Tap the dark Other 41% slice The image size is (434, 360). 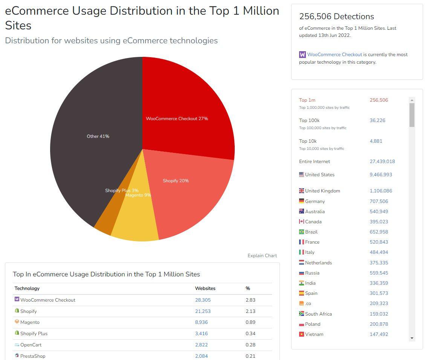94,143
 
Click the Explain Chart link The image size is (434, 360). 262,256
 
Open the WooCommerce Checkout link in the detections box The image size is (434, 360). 335,55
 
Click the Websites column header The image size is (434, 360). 205,288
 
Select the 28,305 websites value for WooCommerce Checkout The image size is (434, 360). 203,300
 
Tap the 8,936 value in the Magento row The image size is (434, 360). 202,322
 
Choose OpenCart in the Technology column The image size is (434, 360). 31,345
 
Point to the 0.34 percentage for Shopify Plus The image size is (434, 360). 251,334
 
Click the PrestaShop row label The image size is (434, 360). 33,356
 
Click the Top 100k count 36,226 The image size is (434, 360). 377,121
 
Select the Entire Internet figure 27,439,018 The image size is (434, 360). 382,162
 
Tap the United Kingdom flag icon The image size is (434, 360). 301,191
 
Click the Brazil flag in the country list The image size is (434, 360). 301,232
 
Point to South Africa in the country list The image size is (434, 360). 318,314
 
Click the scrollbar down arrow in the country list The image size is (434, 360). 412,338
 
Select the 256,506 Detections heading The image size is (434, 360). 336,17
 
